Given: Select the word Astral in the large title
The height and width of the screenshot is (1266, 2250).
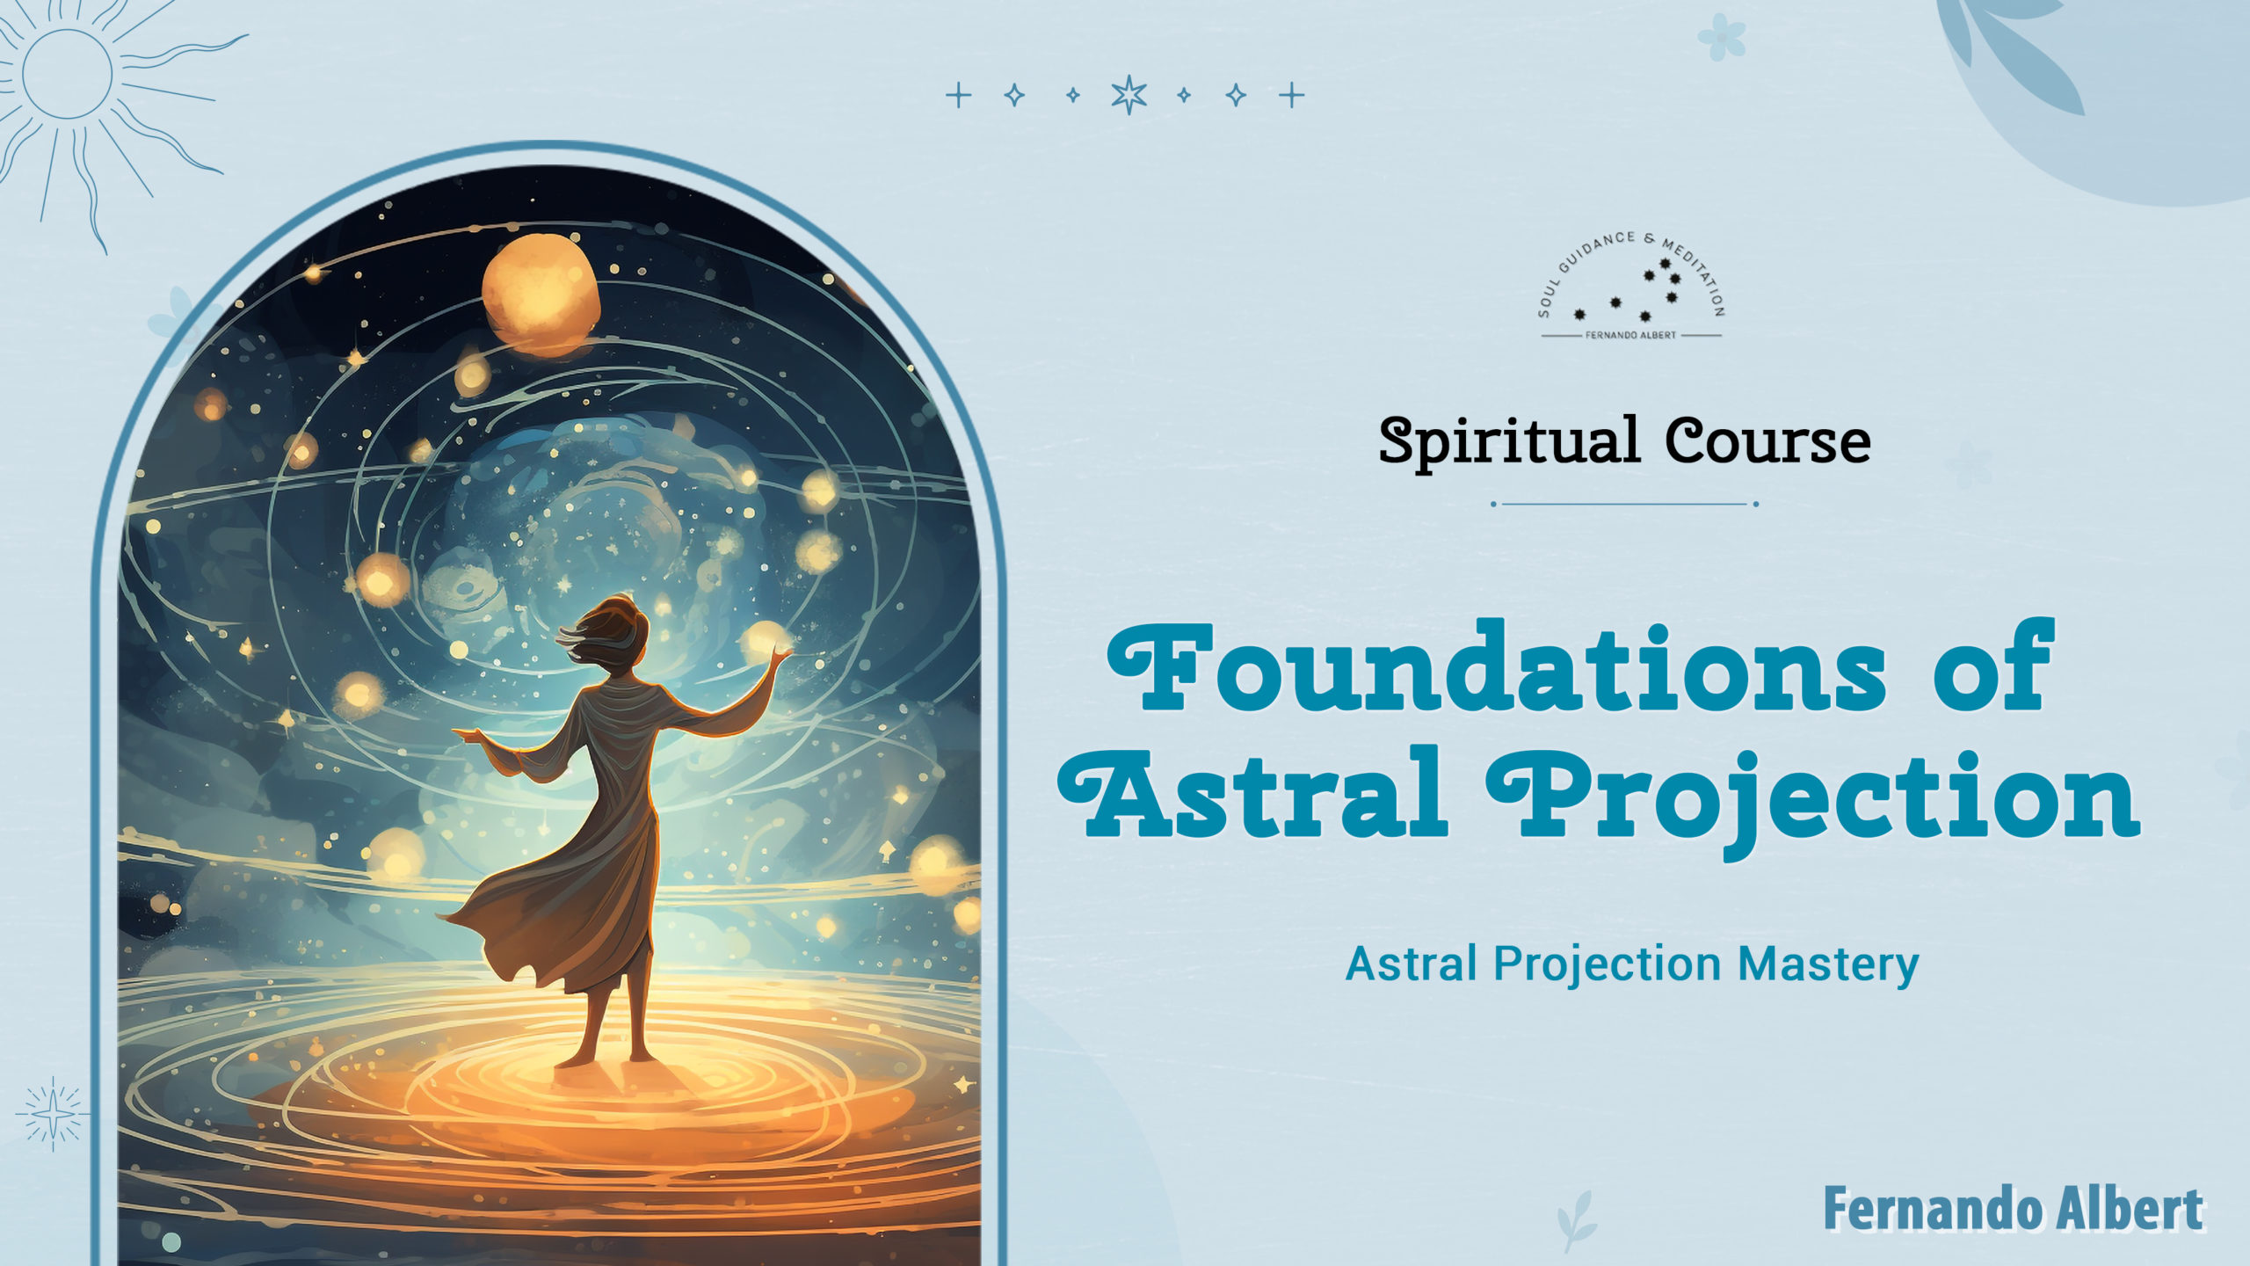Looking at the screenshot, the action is (x=1253, y=791).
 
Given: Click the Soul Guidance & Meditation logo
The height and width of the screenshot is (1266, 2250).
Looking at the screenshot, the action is (x=1631, y=287).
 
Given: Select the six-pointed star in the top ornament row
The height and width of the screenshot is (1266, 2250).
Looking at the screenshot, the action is (x=1129, y=95).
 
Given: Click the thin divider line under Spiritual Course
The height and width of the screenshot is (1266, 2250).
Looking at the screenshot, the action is (x=1625, y=504).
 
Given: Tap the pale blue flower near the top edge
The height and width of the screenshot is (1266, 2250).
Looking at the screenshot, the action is (x=1721, y=36).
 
